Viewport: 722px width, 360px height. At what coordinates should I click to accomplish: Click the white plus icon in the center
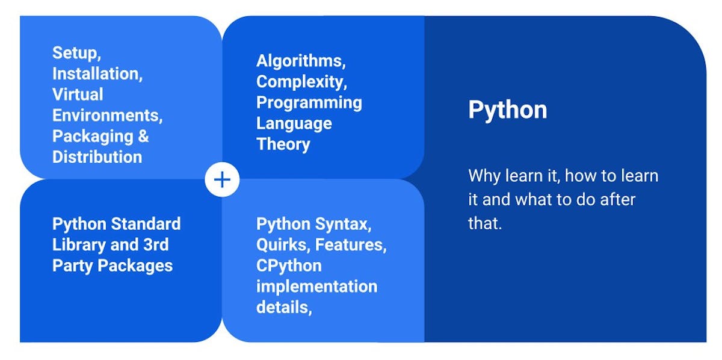[222, 179]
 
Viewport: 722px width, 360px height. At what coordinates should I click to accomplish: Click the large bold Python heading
[507, 110]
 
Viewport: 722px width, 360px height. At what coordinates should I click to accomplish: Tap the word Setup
[75, 53]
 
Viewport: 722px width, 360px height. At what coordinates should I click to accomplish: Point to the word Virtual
[78, 95]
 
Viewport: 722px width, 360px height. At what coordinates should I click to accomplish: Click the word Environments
[106, 116]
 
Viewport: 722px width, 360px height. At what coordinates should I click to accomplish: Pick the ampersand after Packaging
[143, 136]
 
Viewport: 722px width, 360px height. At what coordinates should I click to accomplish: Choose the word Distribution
[97, 157]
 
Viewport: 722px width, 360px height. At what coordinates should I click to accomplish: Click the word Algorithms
[300, 61]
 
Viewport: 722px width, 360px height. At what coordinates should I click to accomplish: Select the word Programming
[309, 102]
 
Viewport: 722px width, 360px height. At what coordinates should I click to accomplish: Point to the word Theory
[283, 144]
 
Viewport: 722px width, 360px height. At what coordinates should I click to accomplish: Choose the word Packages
[135, 265]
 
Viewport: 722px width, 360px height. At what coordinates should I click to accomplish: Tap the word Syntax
[344, 224]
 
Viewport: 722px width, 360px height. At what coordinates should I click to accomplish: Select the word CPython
[289, 265]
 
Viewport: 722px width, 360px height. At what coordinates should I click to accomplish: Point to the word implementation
[316, 287]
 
